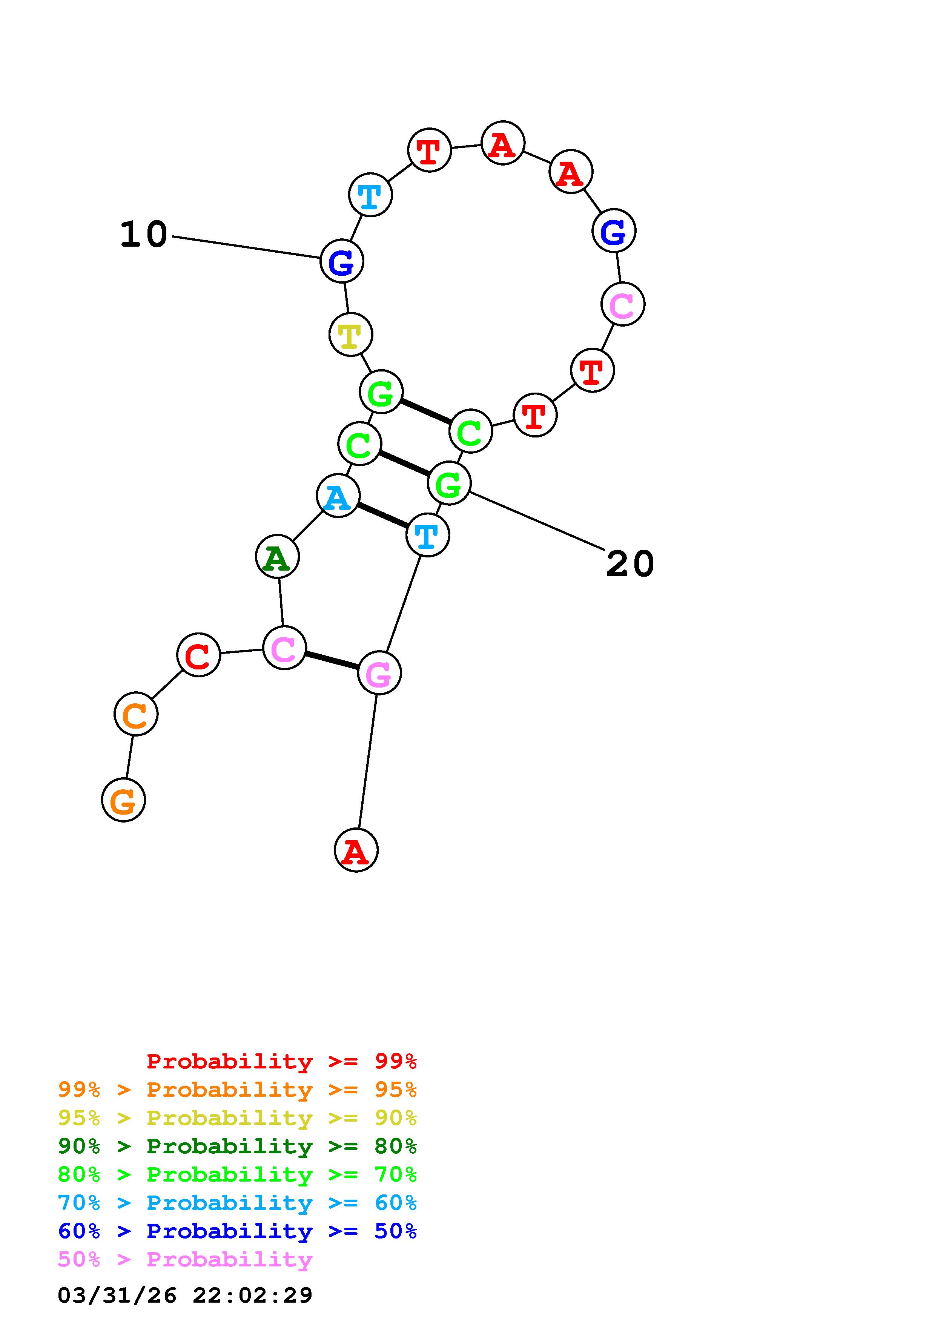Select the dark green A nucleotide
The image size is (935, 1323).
pos(277,557)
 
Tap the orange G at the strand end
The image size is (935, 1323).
pos(123,800)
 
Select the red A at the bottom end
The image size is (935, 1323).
pos(356,850)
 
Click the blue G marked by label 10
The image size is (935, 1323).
pos(342,262)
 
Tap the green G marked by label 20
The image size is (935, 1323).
pos(449,483)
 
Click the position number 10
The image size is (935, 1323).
pos(143,235)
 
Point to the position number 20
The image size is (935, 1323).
pos(630,563)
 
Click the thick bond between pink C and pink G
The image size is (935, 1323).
pos(331,660)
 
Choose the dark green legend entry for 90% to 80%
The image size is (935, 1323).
pos(237,1146)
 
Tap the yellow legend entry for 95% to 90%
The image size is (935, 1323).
pos(237,1119)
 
